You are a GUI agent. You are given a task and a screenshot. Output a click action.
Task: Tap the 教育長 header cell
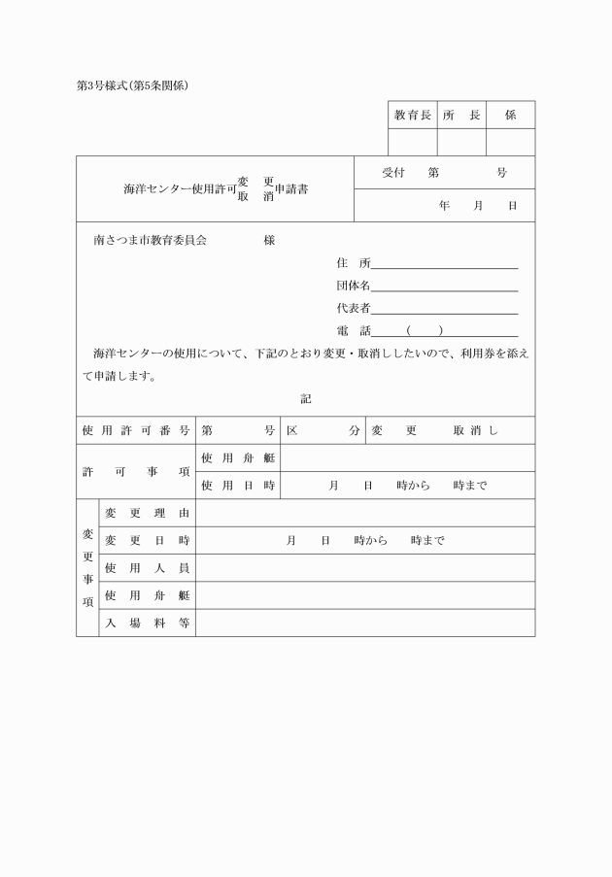tap(412, 115)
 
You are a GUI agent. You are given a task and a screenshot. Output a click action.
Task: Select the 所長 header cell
tap(461, 115)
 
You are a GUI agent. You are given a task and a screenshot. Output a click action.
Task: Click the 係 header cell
tap(510, 115)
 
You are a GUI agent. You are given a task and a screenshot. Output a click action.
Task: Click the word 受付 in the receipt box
tap(392, 173)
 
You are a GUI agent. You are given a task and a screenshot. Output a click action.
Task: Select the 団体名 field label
tap(353, 286)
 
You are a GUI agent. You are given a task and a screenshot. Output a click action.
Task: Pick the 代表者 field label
tap(353, 309)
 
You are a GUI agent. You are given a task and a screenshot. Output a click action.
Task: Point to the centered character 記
tap(306, 398)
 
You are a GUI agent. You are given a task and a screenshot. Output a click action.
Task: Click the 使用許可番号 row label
tap(135, 430)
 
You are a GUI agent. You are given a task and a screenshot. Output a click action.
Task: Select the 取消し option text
tap(475, 430)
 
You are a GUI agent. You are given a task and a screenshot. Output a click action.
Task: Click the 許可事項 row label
tap(135, 471)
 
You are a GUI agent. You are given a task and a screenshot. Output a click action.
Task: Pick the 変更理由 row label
tap(147, 513)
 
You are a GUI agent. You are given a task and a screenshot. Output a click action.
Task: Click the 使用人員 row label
tap(147, 567)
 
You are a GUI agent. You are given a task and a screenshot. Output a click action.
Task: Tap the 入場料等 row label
tap(147, 623)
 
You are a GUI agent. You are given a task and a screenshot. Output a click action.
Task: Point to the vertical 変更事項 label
tap(87, 567)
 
